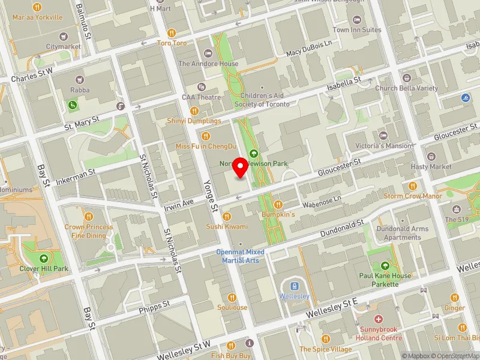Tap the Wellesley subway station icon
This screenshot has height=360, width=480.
(295, 286)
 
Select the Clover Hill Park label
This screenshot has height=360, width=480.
(43, 269)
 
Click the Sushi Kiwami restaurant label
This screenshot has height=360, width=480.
(227, 226)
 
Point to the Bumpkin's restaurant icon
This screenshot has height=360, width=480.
(278, 205)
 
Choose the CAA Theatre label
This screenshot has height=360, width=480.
(202, 97)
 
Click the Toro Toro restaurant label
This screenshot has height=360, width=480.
(172, 43)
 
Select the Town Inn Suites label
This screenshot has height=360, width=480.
(357, 29)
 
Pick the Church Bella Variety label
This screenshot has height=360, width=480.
(406, 88)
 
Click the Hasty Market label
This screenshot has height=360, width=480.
(431, 166)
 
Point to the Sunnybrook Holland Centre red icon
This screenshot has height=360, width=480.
(378, 319)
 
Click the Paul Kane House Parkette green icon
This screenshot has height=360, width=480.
(385, 266)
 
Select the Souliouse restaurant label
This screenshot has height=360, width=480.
(232, 307)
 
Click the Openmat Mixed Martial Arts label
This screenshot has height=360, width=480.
(240, 256)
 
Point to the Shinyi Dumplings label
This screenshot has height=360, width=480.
(194, 121)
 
